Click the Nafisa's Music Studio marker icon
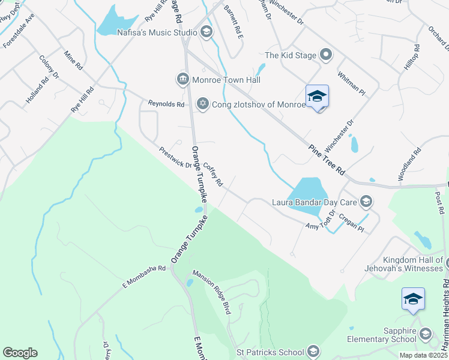[206, 32]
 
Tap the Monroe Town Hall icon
[182, 79]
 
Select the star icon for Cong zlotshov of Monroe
[202, 104]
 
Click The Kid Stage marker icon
[326, 55]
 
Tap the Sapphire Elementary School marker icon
[426, 334]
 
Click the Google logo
[20, 353]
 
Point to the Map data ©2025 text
[423, 355]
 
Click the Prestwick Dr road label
[175, 157]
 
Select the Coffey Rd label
[213, 174]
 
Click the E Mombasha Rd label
[144, 268]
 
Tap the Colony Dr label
[49, 67]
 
